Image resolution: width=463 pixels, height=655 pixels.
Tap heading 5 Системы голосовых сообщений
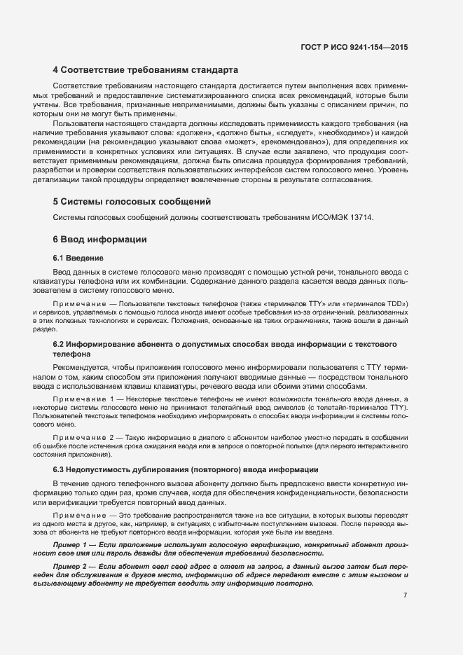coord(132,202)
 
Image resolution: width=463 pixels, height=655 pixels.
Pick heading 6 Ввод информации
coord(99,240)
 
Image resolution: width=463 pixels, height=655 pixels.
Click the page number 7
coord(405,595)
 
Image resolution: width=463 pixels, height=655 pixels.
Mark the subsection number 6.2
coord(59,345)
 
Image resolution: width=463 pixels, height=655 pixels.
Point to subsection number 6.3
coord(59,469)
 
